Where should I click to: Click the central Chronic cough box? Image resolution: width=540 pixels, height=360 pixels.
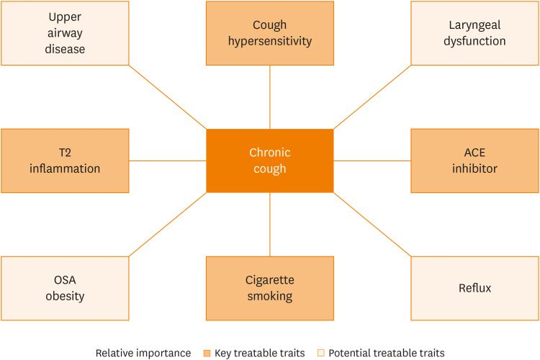pyautogui.click(x=269, y=161)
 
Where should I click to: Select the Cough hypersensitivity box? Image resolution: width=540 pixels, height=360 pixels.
pyautogui.click(x=269, y=33)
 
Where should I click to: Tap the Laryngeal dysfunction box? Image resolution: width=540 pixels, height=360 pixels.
pyautogui.click(x=474, y=33)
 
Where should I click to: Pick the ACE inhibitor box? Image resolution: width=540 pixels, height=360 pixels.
pyautogui.click(x=474, y=161)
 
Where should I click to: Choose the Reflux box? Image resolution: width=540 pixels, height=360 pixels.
pyautogui.click(x=474, y=288)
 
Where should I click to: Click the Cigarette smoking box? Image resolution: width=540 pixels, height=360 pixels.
pyautogui.click(x=269, y=288)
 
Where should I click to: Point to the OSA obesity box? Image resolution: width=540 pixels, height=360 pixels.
pyautogui.click(x=65, y=288)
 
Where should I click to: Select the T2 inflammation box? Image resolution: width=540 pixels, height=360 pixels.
pyautogui.click(x=65, y=161)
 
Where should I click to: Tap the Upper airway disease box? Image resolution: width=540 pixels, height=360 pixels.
pyautogui.click(x=65, y=33)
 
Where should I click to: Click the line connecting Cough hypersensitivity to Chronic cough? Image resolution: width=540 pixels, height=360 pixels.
pyautogui.click(x=270, y=97)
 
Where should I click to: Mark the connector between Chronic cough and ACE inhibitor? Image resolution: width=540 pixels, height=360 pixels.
pyautogui.click(x=372, y=161)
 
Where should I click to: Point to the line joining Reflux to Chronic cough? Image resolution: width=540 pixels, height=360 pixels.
pyautogui.click(x=372, y=225)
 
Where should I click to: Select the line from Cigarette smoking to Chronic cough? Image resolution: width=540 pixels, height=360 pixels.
pyautogui.click(x=270, y=225)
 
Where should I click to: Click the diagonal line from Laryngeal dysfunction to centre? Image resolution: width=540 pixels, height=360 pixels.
pyautogui.click(x=372, y=97)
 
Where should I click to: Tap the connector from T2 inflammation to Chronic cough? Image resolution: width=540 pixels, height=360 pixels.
pyautogui.click(x=168, y=161)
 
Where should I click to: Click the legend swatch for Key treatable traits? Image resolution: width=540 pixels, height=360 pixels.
pyautogui.click(x=206, y=353)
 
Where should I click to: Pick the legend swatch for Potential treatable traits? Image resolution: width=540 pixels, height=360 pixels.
pyautogui.click(x=322, y=353)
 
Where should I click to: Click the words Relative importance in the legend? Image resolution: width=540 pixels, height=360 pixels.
pyautogui.click(x=143, y=353)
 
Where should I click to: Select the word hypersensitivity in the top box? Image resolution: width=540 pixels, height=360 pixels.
pyautogui.click(x=270, y=41)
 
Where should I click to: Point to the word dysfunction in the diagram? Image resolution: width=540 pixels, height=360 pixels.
pyautogui.click(x=474, y=41)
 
